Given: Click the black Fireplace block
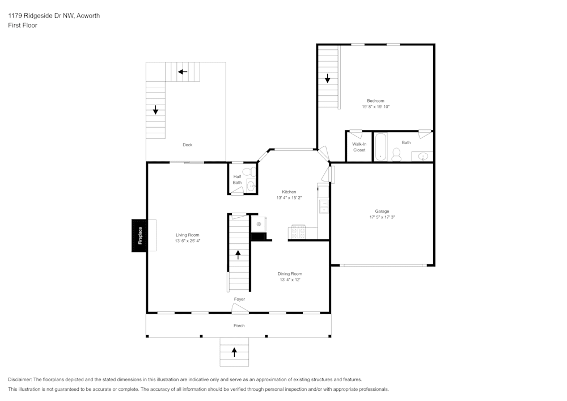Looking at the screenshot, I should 139,235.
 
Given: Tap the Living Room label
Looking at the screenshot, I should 187,235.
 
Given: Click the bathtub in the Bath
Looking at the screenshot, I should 380,147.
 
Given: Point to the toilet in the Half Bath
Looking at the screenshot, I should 247,171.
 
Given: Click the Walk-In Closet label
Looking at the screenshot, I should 359,147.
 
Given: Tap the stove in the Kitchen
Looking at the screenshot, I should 298,232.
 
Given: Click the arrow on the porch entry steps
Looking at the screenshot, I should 235,352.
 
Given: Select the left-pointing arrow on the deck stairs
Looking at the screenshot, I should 183,72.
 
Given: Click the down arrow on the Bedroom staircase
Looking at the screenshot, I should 328,78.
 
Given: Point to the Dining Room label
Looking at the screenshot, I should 290,273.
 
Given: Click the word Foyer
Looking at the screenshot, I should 239,299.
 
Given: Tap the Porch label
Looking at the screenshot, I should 239,326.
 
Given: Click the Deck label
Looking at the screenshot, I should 187,145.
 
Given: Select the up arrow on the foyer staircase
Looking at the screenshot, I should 238,255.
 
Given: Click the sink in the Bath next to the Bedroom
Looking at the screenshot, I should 422,156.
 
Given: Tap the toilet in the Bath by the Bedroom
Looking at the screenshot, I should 396,154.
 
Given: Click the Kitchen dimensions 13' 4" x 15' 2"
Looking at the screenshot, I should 289,198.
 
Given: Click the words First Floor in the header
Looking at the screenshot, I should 23,26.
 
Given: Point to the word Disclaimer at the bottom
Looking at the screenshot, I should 20,379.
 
